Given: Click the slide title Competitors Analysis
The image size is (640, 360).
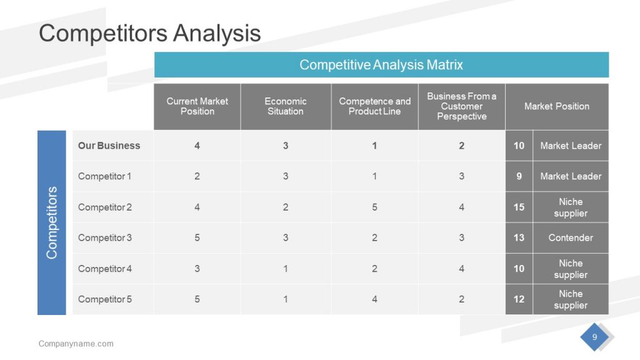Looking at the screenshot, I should click(149, 33).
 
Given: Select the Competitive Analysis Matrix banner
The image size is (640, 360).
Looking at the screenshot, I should click(381, 65).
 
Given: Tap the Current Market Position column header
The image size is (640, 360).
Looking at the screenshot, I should click(197, 106).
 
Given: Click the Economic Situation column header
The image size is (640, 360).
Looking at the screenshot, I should click(286, 106).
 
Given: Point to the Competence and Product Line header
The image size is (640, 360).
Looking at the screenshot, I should click(374, 106).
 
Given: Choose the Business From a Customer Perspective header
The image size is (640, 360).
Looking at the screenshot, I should click(461, 106).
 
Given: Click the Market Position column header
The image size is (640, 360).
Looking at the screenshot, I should click(556, 106).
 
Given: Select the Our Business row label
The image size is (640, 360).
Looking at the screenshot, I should click(109, 146).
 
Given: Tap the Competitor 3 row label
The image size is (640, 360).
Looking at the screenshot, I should click(105, 237).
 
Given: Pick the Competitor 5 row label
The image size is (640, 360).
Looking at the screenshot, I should click(105, 299).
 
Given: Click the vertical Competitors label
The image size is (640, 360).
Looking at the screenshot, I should click(52, 222).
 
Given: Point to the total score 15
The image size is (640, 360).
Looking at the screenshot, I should click(519, 207).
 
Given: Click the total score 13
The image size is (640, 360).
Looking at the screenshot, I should click(519, 237).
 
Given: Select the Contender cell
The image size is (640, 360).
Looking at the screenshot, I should click(571, 237).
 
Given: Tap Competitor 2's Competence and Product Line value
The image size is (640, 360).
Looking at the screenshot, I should click(374, 207).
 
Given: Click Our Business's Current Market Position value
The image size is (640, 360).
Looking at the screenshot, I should click(197, 146).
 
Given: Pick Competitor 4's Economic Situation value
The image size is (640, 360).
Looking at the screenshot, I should click(286, 269).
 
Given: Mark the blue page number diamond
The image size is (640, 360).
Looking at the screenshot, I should click(594, 337).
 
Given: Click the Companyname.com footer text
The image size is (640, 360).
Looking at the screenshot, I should click(76, 344).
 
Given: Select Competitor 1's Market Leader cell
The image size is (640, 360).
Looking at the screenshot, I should click(571, 176).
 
